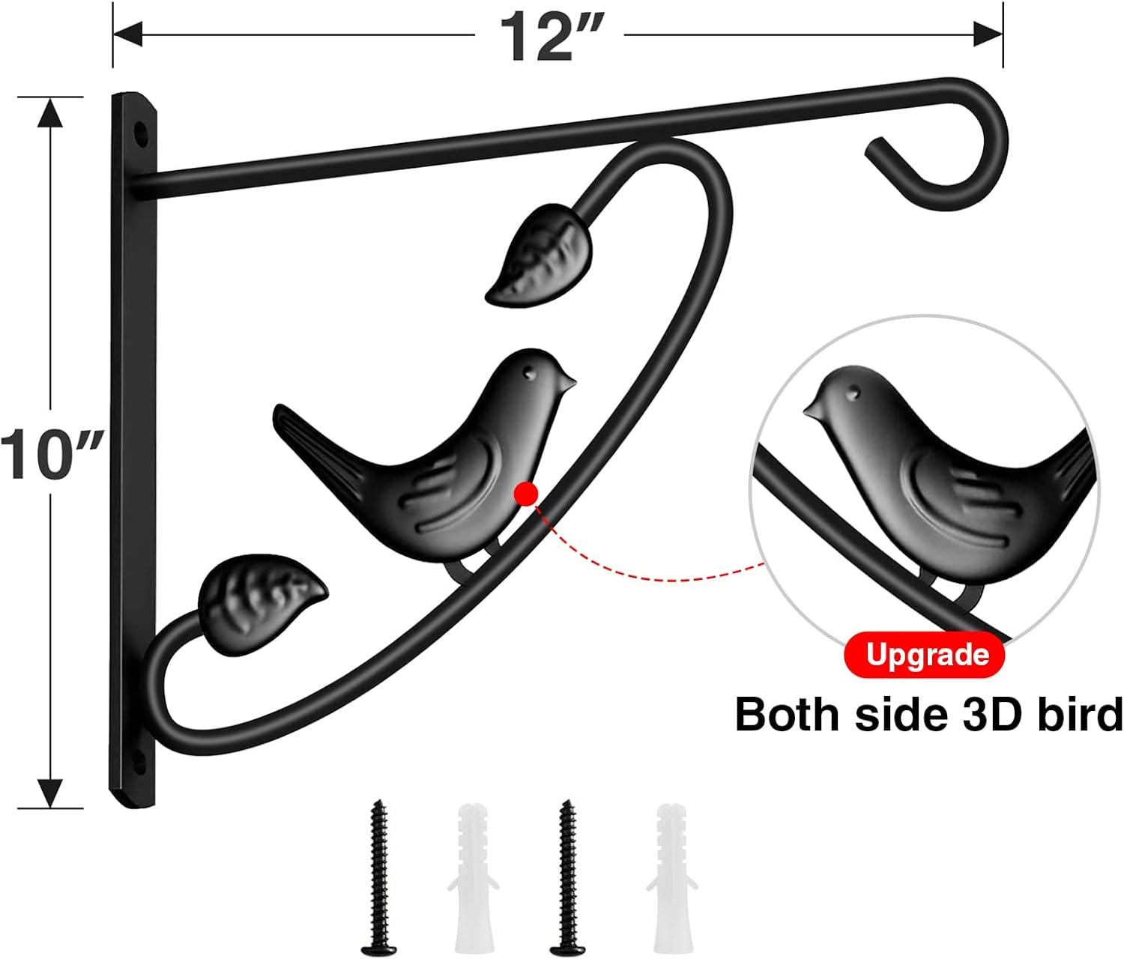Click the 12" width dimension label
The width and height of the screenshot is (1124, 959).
point(549,37)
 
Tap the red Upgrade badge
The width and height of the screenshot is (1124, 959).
point(924,655)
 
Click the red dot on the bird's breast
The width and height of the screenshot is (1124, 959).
point(526,494)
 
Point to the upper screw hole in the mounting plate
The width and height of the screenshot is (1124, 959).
point(140,133)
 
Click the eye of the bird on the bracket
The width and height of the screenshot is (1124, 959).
point(529,375)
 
